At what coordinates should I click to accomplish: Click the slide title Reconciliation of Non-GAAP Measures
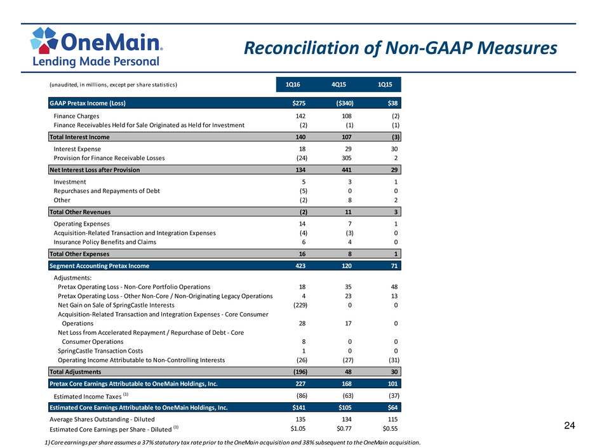(400, 48)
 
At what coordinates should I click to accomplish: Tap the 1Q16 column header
(292, 85)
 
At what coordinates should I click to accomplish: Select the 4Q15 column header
(339, 85)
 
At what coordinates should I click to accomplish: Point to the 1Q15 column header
(384, 85)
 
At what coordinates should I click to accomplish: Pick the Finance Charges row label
(76, 116)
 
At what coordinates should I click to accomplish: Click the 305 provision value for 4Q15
(347, 158)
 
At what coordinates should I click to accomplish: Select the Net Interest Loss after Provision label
(95, 170)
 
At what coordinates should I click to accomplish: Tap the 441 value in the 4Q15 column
(347, 170)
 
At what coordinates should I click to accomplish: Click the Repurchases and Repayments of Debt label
(107, 191)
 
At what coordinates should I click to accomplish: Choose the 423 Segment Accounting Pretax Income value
(300, 266)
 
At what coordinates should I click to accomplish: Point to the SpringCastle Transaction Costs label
(100, 351)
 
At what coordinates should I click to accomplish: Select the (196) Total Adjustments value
(300, 372)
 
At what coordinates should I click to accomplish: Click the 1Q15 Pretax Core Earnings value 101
(392, 384)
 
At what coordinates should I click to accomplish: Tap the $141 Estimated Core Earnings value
(299, 407)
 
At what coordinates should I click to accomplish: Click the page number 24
(570, 426)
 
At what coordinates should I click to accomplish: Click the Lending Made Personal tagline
(95, 62)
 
